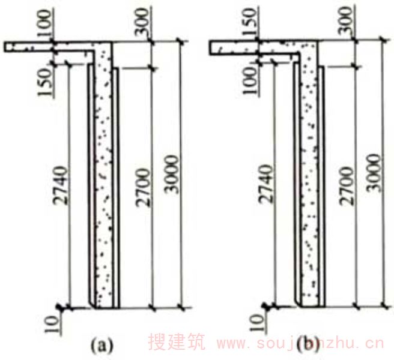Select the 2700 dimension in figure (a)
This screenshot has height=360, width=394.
pos(143,188)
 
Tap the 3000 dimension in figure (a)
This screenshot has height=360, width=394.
pos(172,174)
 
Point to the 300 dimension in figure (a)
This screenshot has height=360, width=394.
pos(142,22)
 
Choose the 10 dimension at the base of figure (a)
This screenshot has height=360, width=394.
pos(52,324)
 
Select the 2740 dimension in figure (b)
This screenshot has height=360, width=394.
pos(265,184)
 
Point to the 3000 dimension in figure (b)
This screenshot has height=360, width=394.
pos(374,173)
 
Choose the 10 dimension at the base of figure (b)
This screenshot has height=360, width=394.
pos(258,323)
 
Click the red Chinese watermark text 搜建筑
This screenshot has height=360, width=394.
pos(177,341)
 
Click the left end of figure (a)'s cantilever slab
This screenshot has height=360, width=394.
pos(4,47)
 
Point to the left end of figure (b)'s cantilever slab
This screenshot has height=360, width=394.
pos(210,47)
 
